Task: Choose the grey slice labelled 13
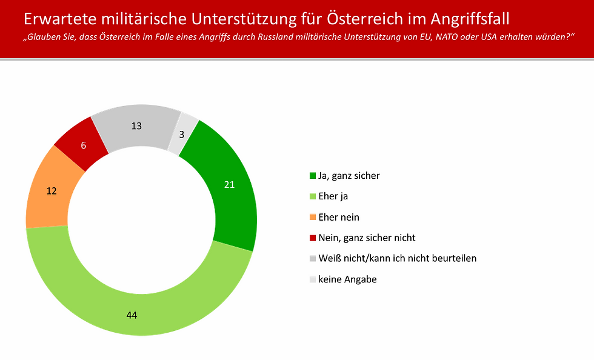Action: click(137, 126)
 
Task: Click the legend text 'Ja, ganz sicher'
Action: click(349, 176)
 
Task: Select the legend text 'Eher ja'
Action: click(333, 196)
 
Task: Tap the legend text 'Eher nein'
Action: click(338, 217)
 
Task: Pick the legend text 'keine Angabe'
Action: click(347, 279)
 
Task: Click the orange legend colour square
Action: click(313, 218)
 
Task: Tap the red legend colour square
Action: click(313, 238)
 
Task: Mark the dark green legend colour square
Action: click(313, 176)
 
